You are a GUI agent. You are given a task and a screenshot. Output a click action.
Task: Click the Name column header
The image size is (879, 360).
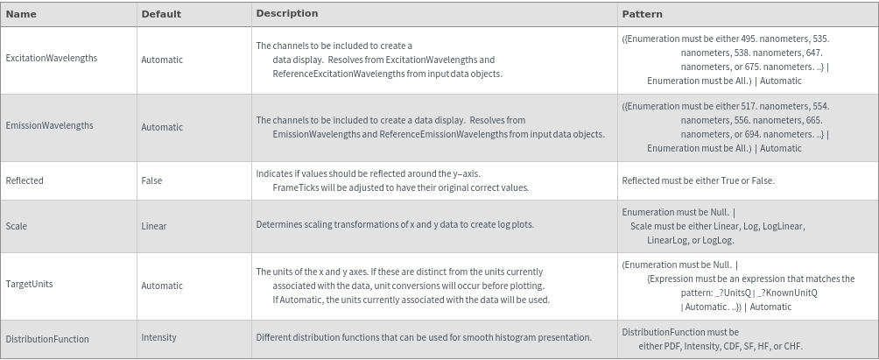pos(21,14)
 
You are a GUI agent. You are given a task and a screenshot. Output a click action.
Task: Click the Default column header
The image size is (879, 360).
pos(161,14)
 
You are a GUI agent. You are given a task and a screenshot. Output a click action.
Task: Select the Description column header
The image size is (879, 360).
pos(286,13)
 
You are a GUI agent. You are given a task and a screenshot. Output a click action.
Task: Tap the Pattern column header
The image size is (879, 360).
pos(642,14)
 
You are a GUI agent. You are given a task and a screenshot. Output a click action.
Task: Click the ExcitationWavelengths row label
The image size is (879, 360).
pos(51,58)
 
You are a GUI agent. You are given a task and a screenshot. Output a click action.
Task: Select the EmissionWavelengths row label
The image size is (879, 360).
pos(49,125)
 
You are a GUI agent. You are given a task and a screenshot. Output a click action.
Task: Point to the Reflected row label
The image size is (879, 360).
pos(25,180)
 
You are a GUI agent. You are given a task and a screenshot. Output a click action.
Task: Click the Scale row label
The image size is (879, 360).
pos(16,226)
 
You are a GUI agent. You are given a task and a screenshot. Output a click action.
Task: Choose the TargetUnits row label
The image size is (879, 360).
pos(29,285)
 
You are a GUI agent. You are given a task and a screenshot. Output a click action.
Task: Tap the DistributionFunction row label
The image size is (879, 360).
pos(47,339)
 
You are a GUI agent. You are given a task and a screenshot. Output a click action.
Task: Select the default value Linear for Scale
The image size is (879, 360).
pos(154,226)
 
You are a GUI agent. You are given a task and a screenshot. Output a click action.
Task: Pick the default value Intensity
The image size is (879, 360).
pos(158,336)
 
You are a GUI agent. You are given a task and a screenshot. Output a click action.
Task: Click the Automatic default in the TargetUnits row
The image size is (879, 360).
pos(162,286)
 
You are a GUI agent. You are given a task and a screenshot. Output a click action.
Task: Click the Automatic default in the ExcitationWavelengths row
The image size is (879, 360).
pos(162,60)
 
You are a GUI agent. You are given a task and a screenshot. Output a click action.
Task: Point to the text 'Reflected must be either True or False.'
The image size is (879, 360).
pos(698,180)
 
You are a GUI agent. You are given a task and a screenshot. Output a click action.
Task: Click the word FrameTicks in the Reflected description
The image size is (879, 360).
pos(296,187)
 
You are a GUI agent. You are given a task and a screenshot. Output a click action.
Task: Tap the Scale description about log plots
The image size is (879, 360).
pos(395,224)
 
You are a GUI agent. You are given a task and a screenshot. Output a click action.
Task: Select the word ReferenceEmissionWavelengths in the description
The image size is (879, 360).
pos(442,134)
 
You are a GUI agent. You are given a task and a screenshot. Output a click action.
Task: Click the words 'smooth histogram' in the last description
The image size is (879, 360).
pos(506,337)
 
